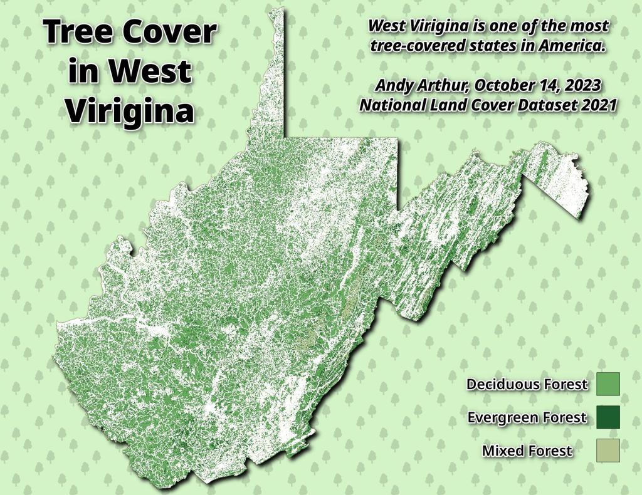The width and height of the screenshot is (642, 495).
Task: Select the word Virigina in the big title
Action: [x=130, y=112]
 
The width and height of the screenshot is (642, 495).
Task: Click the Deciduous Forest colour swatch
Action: [x=608, y=383]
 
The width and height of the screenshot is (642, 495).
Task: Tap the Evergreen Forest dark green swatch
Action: [x=608, y=417]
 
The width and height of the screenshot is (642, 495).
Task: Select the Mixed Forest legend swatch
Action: [x=608, y=450]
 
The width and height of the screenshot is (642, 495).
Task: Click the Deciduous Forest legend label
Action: [x=527, y=384]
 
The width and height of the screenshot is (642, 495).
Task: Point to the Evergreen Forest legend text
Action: [x=527, y=417]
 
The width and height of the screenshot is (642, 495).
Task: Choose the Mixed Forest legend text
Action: [x=527, y=451]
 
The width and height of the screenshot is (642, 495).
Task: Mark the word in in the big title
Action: [x=82, y=72]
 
